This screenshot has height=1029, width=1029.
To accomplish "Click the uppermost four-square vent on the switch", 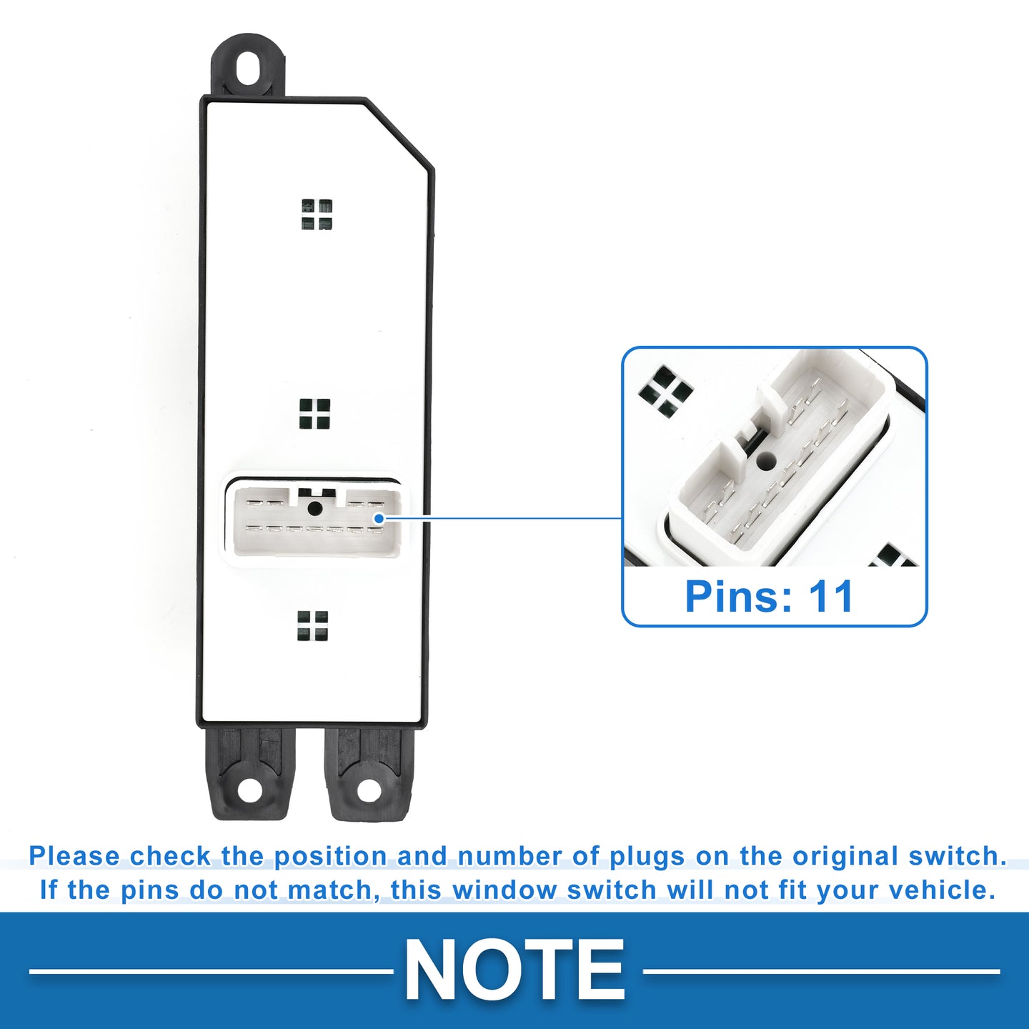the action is coord(317,214).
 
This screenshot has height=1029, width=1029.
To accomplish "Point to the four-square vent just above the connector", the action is coord(314,414).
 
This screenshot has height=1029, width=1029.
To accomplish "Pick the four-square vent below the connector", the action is coord(312,626).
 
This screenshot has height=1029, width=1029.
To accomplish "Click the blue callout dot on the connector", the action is coord(379,518).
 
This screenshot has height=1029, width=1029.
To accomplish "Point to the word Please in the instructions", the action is coord(74,857).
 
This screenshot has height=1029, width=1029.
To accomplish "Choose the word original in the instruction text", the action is coord(847,857).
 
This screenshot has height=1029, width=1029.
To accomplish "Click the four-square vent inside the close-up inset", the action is coord(665,390).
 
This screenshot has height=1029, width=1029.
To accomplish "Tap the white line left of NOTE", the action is coord(212,970).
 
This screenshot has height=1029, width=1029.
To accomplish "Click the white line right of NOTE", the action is coord(821,970).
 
